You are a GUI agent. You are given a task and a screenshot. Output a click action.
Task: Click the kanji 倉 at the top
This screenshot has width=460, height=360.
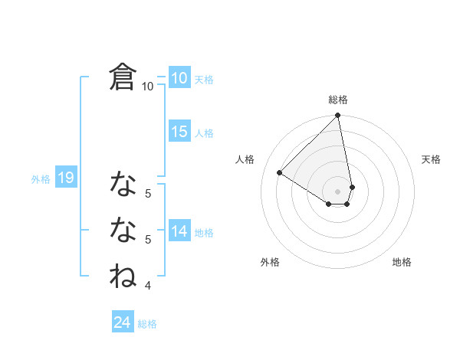tap(123, 77)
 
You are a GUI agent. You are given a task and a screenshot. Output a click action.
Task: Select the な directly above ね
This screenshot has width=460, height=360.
tap(123, 229)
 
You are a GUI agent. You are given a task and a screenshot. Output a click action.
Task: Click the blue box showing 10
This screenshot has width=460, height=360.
tap(179, 77)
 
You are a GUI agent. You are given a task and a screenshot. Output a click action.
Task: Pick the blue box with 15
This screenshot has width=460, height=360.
tap(179, 132)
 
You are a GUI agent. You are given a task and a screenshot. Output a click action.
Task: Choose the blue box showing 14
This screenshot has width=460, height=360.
tap(179, 231)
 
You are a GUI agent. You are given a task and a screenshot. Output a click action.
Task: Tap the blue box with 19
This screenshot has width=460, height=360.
tap(66, 178)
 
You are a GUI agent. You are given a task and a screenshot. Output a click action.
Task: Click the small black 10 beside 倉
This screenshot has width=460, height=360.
tap(148, 87)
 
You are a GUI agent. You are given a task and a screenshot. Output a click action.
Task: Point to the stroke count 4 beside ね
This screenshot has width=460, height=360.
tap(148, 286)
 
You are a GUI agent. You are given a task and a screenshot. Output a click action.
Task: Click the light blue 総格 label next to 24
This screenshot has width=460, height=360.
tap(147, 324)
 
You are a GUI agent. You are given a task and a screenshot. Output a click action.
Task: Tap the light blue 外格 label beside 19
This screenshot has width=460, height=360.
tap(41, 179)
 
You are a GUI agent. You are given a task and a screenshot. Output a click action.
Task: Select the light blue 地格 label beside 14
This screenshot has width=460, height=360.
tap(204, 233)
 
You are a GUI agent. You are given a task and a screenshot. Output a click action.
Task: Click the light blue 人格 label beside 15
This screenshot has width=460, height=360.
tap(204, 133)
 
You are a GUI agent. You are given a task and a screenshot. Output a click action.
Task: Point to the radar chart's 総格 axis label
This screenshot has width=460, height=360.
tap(338, 100)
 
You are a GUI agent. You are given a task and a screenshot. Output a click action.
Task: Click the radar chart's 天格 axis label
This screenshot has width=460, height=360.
tap(432, 159)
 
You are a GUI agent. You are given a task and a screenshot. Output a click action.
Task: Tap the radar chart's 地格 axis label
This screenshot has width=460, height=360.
tap(402, 262)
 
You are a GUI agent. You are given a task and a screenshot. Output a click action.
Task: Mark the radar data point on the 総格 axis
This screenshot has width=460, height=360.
tap(338, 116)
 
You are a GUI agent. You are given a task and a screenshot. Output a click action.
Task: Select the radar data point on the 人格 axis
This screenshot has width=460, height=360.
tap(280, 173)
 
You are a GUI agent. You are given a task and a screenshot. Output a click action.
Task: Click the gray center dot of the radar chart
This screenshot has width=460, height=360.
tap(338, 191)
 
